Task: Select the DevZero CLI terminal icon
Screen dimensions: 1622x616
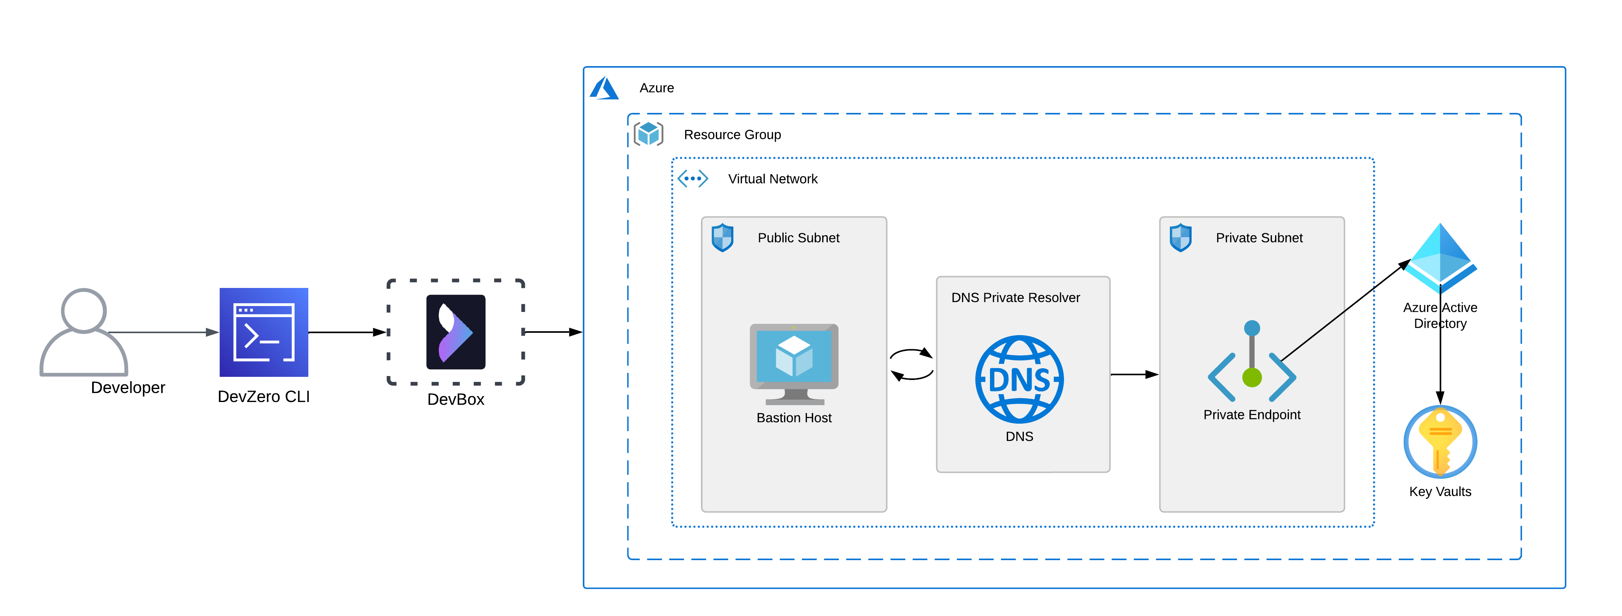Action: pyautogui.click(x=264, y=332)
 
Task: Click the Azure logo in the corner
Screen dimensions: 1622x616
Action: pyautogui.click(x=604, y=88)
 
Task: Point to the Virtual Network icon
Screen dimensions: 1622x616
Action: pyautogui.click(x=693, y=179)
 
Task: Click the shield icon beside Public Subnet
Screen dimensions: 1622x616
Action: pyautogui.click(x=722, y=238)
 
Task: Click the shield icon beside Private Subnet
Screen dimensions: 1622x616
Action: pyautogui.click(x=1181, y=238)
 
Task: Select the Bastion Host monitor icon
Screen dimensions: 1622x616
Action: pyautogui.click(x=794, y=364)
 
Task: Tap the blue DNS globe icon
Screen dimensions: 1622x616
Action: pyautogui.click(x=1020, y=380)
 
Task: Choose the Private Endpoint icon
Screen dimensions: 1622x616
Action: pyautogui.click(x=1252, y=361)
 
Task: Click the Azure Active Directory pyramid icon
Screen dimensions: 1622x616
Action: pyautogui.click(x=1440, y=258)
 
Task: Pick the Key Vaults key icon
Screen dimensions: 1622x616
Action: pyautogui.click(x=1440, y=442)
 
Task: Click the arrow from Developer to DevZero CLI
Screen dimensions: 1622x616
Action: pyautogui.click(x=164, y=332)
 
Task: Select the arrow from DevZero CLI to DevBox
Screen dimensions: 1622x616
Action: pyautogui.click(x=348, y=332)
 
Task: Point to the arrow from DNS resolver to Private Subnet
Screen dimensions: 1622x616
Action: pyautogui.click(x=1134, y=374)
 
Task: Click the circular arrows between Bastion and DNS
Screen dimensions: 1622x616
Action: pyautogui.click(x=911, y=364)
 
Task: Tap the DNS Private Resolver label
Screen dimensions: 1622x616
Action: pyautogui.click(x=1015, y=298)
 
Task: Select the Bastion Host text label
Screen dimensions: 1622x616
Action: pyautogui.click(x=794, y=418)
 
